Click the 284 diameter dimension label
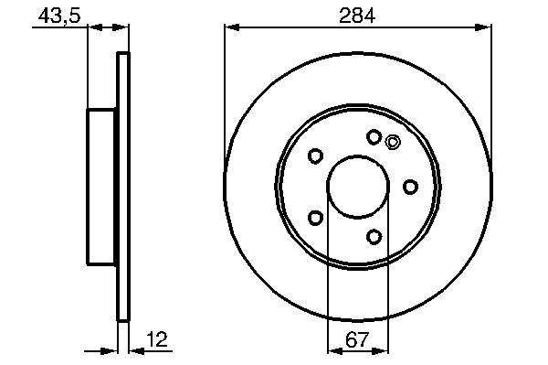357,16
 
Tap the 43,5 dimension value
59,16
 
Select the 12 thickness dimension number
157,339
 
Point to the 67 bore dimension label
357,339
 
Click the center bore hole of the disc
358,188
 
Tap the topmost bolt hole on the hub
374,137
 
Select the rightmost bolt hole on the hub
410,187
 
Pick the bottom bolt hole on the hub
374,237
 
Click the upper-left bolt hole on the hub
315,156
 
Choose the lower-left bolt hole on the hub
315,218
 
